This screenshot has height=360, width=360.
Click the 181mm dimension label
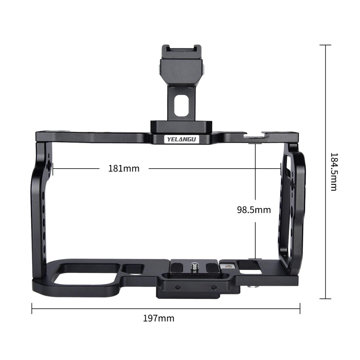point(124,169)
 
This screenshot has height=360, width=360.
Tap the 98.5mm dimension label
point(254,209)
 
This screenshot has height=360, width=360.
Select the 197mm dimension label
point(159,318)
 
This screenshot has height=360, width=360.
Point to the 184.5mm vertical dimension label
point(333,171)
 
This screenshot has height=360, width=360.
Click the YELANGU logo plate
point(182,139)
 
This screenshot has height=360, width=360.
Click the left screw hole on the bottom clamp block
point(178,287)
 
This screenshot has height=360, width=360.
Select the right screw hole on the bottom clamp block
point(214,287)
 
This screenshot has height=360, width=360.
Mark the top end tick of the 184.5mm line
point(325,45)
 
